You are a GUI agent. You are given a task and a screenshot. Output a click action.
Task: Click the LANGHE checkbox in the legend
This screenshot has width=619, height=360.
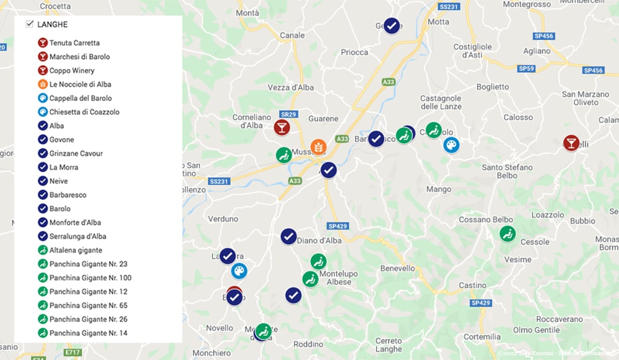click(29, 24)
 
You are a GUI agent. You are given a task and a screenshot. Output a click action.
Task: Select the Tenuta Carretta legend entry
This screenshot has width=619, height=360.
click(74, 43)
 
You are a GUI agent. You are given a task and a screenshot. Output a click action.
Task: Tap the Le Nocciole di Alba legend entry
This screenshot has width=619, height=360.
click(80, 84)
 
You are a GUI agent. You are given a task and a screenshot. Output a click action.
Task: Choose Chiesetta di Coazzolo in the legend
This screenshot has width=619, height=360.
click(84, 112)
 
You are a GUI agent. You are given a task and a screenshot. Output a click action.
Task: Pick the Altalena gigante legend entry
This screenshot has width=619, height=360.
click(76, 250)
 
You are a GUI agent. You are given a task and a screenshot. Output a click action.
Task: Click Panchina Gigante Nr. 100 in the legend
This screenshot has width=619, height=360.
click(90, 278)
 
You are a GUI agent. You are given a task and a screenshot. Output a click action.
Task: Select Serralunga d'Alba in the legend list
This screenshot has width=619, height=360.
click(77, 236)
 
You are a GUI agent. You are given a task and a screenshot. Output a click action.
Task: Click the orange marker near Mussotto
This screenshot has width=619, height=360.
click(318, 146)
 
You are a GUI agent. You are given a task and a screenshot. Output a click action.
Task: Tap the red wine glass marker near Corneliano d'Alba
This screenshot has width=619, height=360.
click(282, 127)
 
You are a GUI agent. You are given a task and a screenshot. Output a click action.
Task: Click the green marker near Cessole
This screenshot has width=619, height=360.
click(508, 234)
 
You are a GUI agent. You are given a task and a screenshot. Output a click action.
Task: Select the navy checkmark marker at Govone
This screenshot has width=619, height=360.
click(392, 26)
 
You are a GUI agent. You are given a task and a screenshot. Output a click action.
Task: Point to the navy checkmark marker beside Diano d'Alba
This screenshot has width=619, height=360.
click(288, 236)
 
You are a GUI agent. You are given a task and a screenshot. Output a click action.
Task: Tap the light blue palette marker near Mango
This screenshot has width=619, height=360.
click(451, 145)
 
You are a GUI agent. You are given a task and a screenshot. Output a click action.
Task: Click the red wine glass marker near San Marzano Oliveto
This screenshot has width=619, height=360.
click(571, 143)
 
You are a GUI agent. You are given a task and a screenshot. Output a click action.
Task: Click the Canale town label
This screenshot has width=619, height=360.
click(293, 35)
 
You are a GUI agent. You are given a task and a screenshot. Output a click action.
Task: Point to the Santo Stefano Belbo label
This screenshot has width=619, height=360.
click(507, 171)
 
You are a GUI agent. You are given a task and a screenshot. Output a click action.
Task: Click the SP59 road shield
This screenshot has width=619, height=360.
click(527, 69)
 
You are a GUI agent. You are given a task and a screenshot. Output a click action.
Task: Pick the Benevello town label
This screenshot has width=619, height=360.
click(398, 268)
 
